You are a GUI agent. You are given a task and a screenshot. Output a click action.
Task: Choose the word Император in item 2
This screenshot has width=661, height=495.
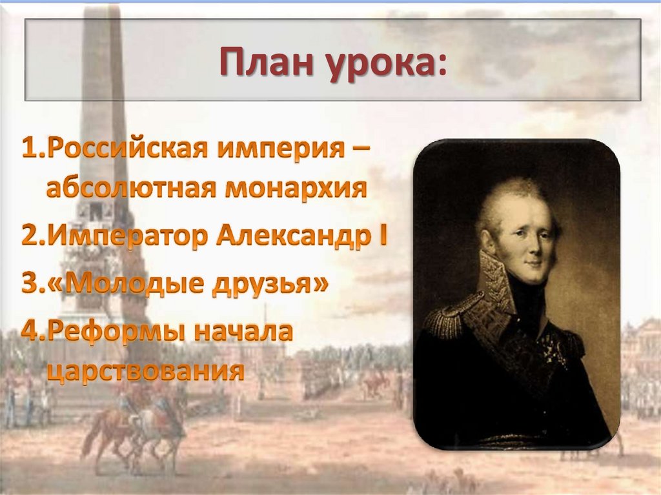[x=127, y=237]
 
